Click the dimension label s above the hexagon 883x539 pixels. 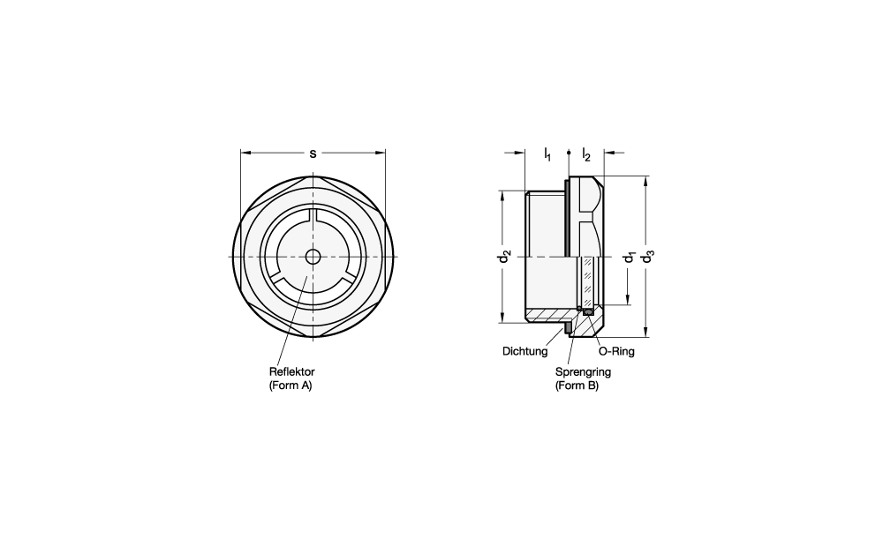click(x=313, y=153)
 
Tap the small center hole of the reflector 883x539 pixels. click(x=313, y=257)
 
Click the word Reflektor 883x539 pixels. click(x=291, y=372)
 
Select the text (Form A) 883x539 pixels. click(x=291, y=386)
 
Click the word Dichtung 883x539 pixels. click(x=525, y=352)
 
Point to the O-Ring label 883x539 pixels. click(x=616, y=352)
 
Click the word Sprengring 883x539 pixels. click(x=583, y=372)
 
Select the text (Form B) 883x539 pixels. click(x=577, y=386)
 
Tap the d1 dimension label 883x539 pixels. click(x=629, y=257)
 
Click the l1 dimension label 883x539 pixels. click(x=547, y=154)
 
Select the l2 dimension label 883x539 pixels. click(x=586, y=154)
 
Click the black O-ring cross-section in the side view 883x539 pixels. click(x=588, y=311)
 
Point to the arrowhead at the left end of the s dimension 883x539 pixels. click(x=245, y=152)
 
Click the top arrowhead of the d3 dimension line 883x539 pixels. click(x=647, y=181)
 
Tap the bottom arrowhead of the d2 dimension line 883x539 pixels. click(x=502, y=318)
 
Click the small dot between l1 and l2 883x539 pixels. click(x=569, y=152)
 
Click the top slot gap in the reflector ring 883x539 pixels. click(x=313, y=214)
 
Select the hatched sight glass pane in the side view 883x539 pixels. click(x=588, y=281)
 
